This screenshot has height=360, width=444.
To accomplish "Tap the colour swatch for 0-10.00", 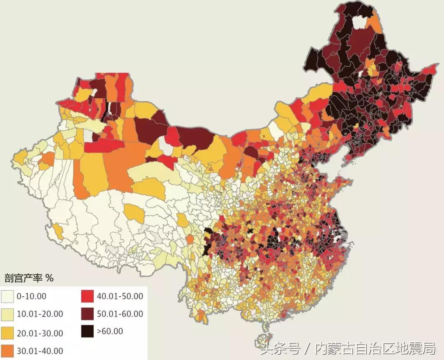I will [8, 296].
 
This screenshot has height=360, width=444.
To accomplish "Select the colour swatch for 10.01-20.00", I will [8, 314].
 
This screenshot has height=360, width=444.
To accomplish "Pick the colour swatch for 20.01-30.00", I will [8, 332].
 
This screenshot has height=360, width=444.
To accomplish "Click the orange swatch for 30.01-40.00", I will [8, 351].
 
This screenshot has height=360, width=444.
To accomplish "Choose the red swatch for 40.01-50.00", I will [88, 296].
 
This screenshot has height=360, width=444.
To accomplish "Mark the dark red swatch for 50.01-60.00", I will [88, 314].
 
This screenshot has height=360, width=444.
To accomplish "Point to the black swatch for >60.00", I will [88, 331].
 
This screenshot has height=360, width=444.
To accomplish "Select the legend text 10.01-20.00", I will [40, 314].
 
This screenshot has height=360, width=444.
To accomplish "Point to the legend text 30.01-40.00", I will [40, 351].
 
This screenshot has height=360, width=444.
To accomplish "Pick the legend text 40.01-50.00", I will [120, 296].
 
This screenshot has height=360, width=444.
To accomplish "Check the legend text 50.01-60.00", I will [120, 314].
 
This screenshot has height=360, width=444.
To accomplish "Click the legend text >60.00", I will [110, 331].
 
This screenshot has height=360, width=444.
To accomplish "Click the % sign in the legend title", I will [49, 278].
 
